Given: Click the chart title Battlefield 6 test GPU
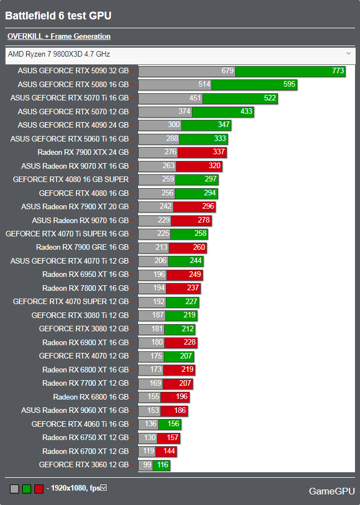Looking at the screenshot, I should coord(58,16).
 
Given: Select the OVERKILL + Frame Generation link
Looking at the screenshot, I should coord(59,37).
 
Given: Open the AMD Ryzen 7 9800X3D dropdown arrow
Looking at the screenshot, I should coord(348,53).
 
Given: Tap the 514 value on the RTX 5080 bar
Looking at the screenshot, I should coord(205,84).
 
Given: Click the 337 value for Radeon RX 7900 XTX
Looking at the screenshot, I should coord(219,152).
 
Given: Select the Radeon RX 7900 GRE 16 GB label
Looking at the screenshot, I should coord(82,247).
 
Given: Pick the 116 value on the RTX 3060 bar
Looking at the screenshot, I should coord(163,464).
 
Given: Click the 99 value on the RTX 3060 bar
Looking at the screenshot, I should coord(147,464).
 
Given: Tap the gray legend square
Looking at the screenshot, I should coord(14,489).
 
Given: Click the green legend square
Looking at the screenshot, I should coord(27,489).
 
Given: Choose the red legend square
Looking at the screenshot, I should coord(39,489).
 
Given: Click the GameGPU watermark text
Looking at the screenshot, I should coord(331,491).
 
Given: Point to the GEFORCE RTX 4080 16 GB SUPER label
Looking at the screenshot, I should coord(70,179).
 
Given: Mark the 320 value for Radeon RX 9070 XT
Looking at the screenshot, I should coord(214,165).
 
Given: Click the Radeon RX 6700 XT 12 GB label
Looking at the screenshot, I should coord(85,451).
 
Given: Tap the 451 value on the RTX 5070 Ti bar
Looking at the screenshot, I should coord(195,98).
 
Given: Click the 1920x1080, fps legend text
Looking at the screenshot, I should coord(75,488).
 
